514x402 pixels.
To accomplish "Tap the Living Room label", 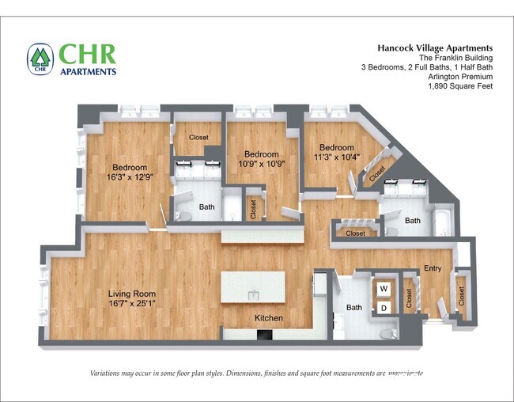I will [132, 294].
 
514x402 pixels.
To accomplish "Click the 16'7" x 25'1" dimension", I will [132, 303].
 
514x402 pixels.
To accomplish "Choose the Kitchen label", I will [268, 318].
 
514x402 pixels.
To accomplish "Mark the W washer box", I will [384, 289].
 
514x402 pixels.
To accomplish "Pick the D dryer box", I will [384, 308].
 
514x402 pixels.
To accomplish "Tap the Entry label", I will [433, 269].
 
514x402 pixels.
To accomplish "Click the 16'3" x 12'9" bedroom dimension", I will [129, 178].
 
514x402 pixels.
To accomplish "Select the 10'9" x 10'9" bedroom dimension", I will [261, 165].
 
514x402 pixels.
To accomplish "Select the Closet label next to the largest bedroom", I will [198, 138].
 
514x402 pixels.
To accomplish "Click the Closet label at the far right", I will [462, 295].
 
